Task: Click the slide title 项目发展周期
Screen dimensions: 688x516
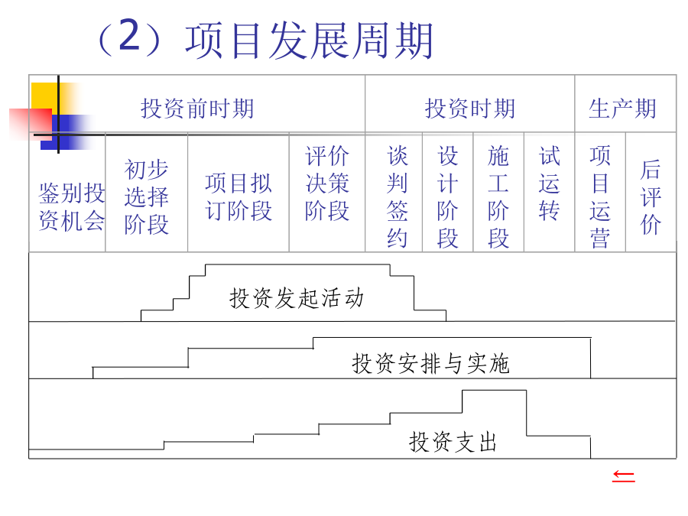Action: click(x=309, y=41)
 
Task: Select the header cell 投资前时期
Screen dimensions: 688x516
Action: click(x=197, y=109)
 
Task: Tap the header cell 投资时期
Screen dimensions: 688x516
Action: click(x=470, y=109)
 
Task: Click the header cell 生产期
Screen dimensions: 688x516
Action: click(x=622, y=109)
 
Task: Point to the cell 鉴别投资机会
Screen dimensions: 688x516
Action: click(x=72, y=206)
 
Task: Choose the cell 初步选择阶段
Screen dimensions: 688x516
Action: click(x=146, y=196)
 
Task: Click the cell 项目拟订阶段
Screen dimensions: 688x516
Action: click(x=239, y=196)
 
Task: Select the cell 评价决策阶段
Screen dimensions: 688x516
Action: click(x=327, y=183)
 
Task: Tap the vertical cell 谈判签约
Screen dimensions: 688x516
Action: click(x=397, y=196)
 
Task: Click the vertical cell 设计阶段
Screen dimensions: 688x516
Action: click(x=447, y=196)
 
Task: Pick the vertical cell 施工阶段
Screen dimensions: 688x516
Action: click(x=498, y=196)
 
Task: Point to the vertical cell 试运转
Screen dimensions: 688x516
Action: click(x=550, y=183)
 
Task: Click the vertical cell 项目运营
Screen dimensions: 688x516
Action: click(x=600, y=196)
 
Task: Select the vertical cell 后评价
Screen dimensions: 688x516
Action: click(x=651, y=196)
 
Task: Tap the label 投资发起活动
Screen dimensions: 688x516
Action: click(x=297, y=298)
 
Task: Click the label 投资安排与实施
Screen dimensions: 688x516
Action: click(x=430, y=364)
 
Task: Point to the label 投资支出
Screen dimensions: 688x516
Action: click(x=453, y=442)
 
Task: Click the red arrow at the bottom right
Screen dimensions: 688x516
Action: click(x=624, y=476)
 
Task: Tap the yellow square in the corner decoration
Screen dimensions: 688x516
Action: click(x=45, y=96)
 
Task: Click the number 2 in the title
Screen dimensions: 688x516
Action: click(x=129, y=35)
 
